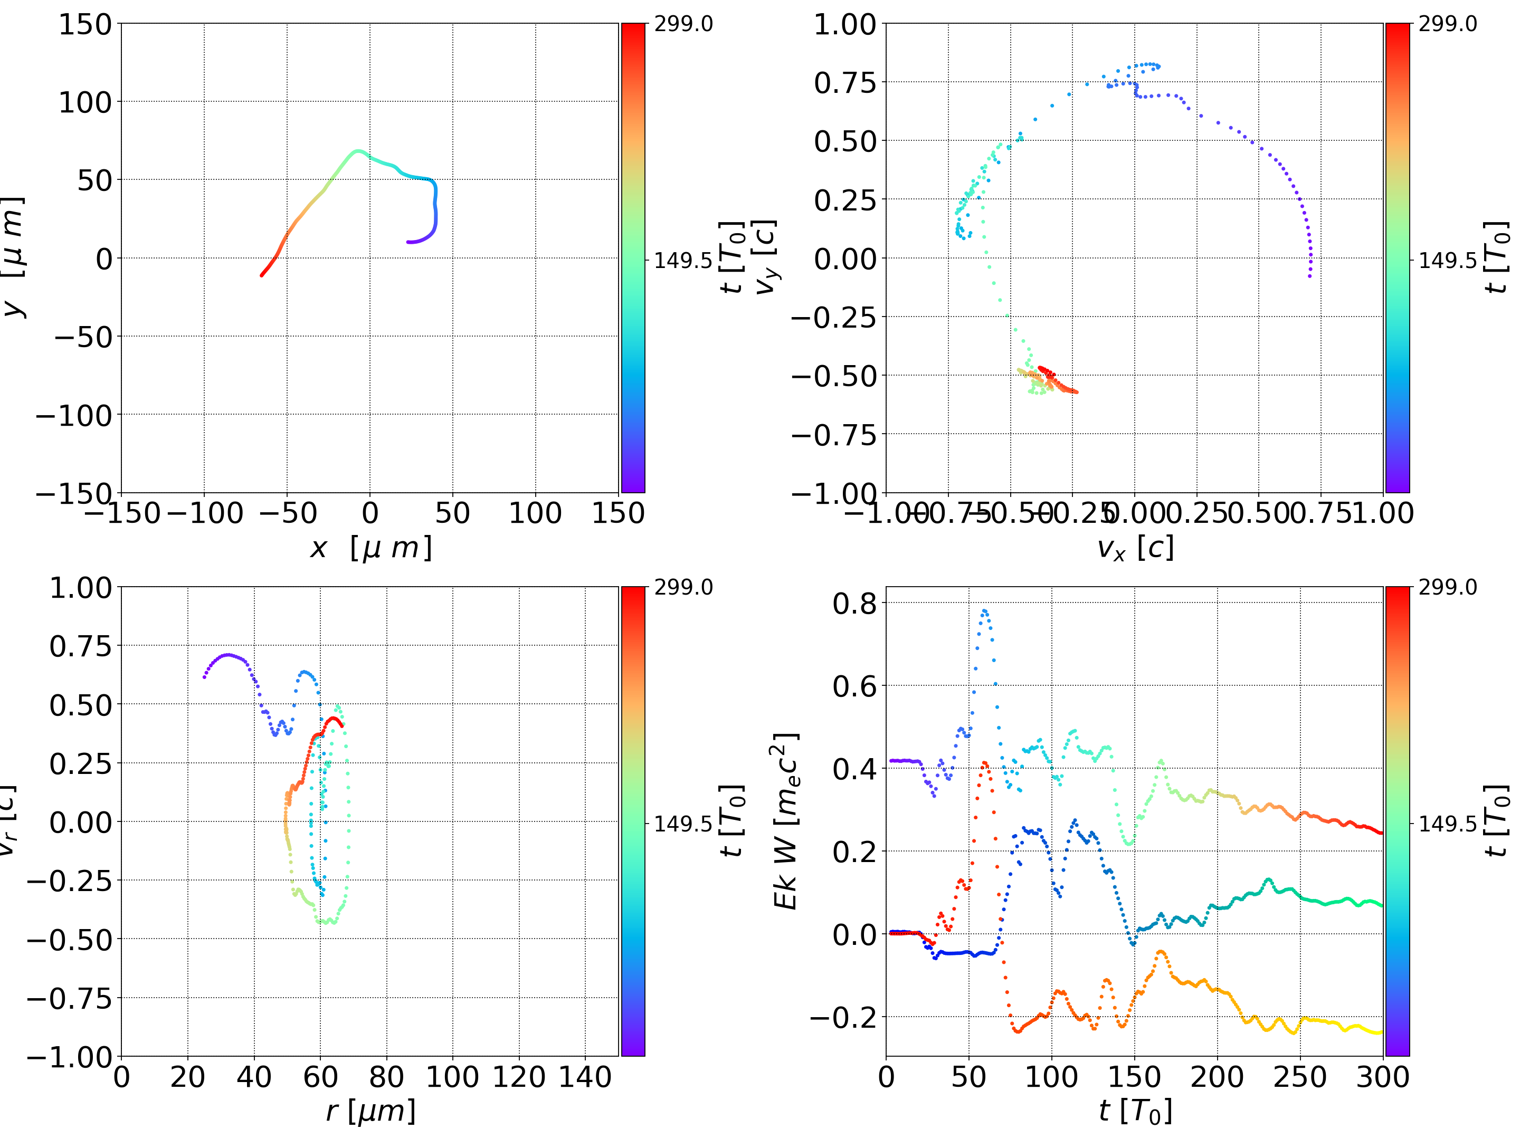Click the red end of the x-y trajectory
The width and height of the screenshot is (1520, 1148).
coord(262,275)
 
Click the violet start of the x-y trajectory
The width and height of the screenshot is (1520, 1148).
coord(408,242)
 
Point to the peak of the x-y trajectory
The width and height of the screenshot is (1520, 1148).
coord(357,150)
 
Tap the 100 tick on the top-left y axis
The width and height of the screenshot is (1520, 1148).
coord(84,102)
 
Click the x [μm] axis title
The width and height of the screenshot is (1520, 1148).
coord(370,548)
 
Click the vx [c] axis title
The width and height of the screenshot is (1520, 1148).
coord(1135,548)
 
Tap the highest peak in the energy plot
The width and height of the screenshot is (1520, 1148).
coord(985,610)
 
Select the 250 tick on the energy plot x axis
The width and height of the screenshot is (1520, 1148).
coord(1299,1077)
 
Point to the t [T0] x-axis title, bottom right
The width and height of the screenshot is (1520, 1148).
coord(1135,1112)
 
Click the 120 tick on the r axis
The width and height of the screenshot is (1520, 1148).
coord(519,1077)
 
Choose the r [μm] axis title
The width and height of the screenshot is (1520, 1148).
coord(370,1112)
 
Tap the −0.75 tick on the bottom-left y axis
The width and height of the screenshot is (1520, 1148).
coord(69,998)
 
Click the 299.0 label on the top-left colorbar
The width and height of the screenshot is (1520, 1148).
coord(683,24)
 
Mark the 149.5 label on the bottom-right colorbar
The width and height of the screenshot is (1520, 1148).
coord(1447,823)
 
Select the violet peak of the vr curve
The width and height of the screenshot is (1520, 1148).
coord(228,655)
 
